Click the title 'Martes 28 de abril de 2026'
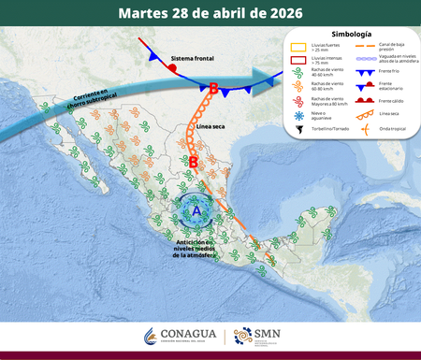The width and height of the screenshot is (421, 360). click(x=210, y=13)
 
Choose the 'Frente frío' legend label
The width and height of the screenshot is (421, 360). click(x=385, y=72)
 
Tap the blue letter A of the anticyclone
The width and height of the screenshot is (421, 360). click(x=196, y=209)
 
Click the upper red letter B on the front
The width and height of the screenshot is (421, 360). click(x=214, y=89)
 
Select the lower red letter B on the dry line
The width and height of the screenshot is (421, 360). click(x=219, y=162)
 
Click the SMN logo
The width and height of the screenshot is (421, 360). click(x=254, y=336)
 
